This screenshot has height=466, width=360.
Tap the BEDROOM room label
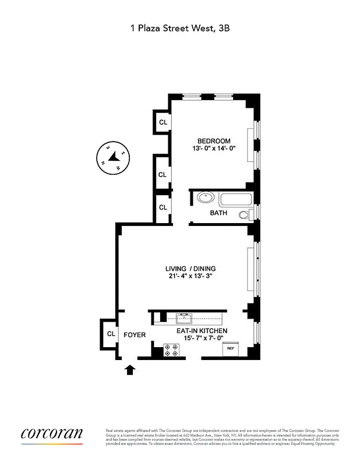click(x=213, y=141)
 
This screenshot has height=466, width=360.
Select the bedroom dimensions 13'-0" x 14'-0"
click(x=213, y=149)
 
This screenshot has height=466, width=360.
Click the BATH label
click(x=218, y=213)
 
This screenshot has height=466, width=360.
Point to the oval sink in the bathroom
click(x=204, y=198)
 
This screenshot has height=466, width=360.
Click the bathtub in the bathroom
click(x=236, y=199)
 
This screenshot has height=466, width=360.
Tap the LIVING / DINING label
click(x=190, y=269)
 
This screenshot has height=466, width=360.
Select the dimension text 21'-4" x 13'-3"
click(x=190, y=277)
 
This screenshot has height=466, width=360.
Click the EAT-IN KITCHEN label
click(x=202, y=331)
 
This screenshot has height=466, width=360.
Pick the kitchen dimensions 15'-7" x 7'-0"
click(x=202, y=338)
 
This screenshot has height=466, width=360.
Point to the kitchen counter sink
click(x=186, y=317)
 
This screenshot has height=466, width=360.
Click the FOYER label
click(x=135, y=335)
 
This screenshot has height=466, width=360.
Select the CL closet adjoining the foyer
click(x=110, y=334)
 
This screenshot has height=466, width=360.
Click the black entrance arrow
click(x=129, y=369)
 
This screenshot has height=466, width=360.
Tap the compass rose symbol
click(x=112, y=157)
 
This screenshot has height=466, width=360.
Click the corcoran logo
click(x=51, y=434)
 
